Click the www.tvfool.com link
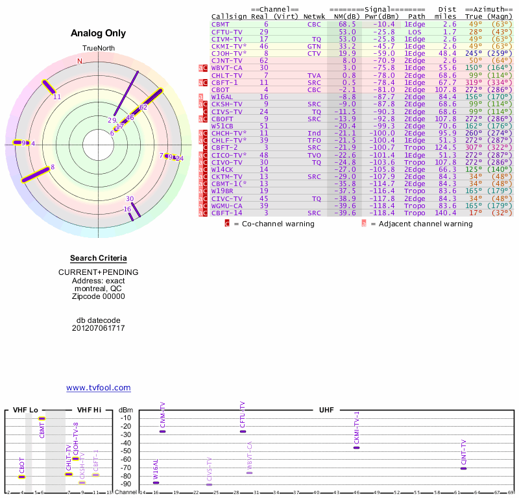click(x=99, y=388)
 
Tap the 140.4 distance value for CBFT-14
click(x=445, y=213)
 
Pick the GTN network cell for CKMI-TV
click(x=314, y=46)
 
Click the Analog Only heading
click(x=98, y=34)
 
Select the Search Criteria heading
click(x=98, y=258)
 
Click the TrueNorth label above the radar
click(x=98, y=49)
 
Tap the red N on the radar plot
click(x=80, y=61)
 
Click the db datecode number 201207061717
click(x=98, y=328)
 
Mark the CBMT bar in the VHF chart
click(x=42, y=419)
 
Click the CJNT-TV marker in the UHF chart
click(x=463, y=468)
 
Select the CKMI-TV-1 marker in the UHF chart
click(x=356, y=447)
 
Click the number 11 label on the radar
click(x=57, y=97)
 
